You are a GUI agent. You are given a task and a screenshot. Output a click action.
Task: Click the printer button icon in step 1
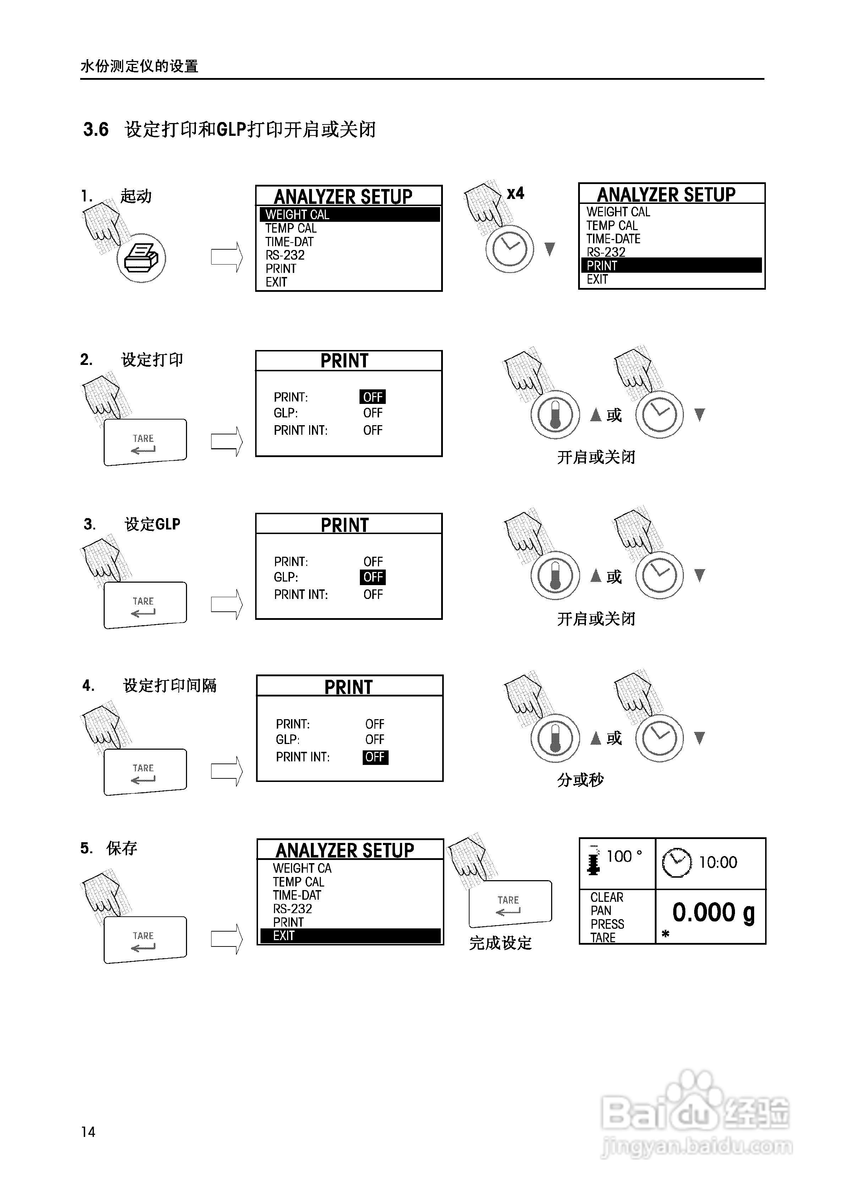pyautogui.click(x=141, y=258)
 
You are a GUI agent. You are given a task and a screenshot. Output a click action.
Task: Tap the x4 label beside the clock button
pyautogui.click(x=515, y=194)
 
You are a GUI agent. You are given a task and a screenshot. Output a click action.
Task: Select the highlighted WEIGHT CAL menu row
pyautogui.click(x=350, y=214)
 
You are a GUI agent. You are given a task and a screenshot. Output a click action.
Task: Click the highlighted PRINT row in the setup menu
pyautogui.click(x=671, y=265)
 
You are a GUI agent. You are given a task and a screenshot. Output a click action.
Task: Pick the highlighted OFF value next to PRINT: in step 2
pyautogui.click(x=373, y=397)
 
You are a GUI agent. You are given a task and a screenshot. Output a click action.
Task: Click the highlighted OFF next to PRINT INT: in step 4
pyautogui.click(x=375, y=757)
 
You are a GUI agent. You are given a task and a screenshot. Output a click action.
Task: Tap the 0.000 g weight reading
pyautogui.click(x=713, y=913)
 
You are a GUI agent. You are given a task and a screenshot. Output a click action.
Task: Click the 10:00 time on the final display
pyautogui.click(x=718, y=862)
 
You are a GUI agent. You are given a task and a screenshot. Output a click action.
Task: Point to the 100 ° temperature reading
pyautogui.click(x=624, y=856)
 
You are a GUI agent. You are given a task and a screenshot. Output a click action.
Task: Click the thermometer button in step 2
pyautogui.click(x=555, y=415)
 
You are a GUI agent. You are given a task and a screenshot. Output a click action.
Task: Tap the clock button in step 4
pyautogui.click(x=659, y=738)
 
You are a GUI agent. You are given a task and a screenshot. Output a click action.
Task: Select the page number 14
pyautogui.click(x=88, y=1132)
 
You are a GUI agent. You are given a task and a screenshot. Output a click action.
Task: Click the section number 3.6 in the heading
pyautogui.click(x=96, y=129)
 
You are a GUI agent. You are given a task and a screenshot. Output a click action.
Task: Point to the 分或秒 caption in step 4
pyautogui.click(x=580, y=779)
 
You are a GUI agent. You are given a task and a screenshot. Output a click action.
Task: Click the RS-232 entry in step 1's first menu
pyautogui.click(x=285, y=255)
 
